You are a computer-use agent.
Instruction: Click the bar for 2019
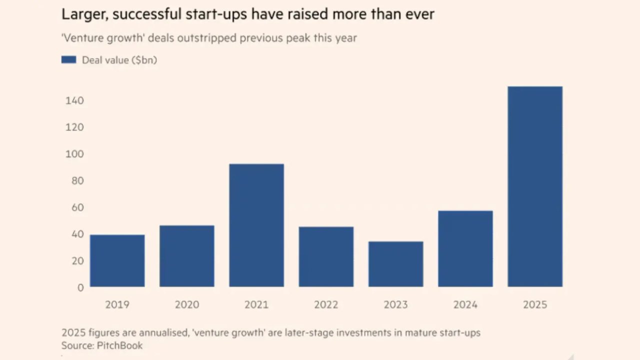click(117, 260)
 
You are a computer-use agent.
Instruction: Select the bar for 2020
click(187, 256)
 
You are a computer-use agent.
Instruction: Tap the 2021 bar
click(256, 225)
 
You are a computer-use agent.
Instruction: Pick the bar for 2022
click(326, 256)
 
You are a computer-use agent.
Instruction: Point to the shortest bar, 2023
click(396, 264)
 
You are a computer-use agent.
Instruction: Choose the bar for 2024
click(465, 248)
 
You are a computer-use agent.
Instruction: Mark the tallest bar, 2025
click(535, 186)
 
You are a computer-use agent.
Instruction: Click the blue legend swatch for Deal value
click(68, 60)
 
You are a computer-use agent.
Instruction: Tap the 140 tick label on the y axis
click(74, 101)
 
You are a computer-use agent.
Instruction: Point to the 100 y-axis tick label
click(74, 154)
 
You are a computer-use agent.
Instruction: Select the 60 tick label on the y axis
click(76, 207)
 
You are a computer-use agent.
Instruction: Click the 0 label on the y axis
click(80, 287)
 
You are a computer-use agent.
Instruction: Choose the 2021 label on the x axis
click(256, 304)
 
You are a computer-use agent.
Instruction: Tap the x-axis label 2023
click(396, 304)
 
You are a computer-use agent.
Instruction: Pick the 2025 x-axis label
click(535, 304)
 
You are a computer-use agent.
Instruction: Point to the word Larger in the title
click(82, 14)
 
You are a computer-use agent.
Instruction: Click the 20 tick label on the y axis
click(76, 261)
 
